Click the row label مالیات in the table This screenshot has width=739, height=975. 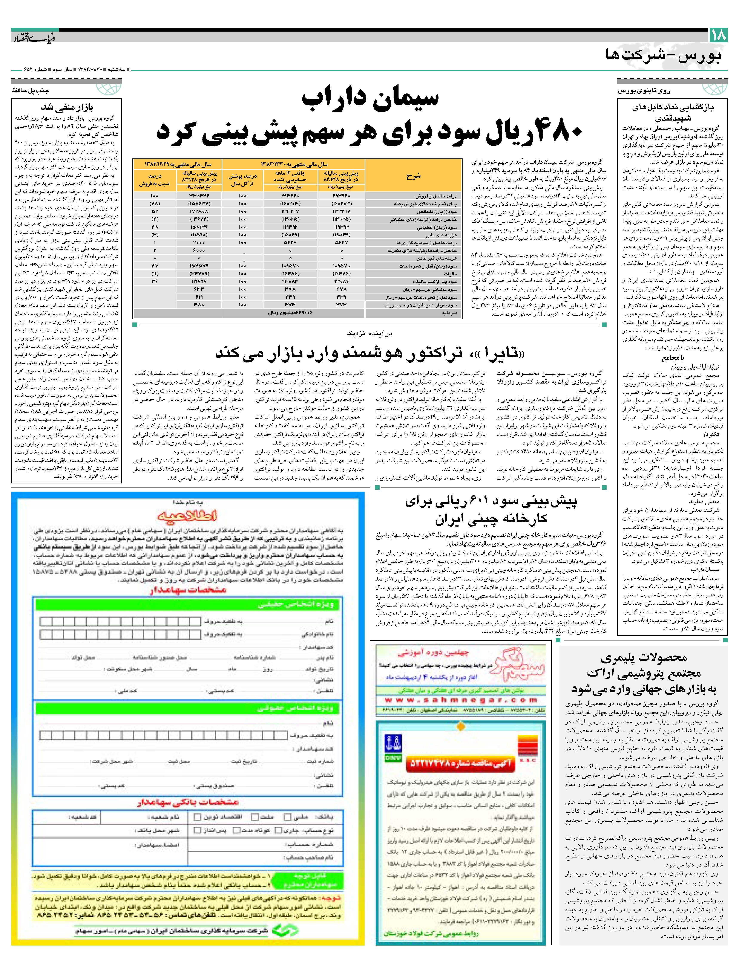pyautogui.click(x=450, y=274)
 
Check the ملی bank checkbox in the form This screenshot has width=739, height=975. pyautogui.click(x=287, y=817)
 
